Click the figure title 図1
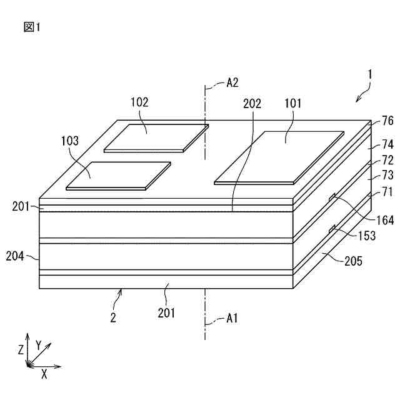pyautogui.click(x=32, y=27)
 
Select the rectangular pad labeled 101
pyautogui.click(x=279, y=157)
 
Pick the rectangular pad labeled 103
pyautogui.click(x=119, y=176)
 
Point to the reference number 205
pyautogui.click(x=353, y=261)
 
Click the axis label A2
pyautogui.click(x=232, y=82)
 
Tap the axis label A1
pyautogui.click(x=232, y=319)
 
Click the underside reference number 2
pyautogui.click(x=112, y=317)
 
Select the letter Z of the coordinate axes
pyautogui.click(x=21, y=350)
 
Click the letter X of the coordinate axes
pyautogui.click(x=44, y=374)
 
